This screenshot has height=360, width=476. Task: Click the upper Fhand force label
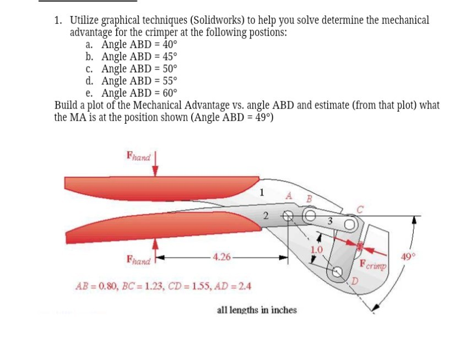pyautogui.click(x=138, y=156)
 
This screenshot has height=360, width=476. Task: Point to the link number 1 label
pyautogui.click(x=262, y=193)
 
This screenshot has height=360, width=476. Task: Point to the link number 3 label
pyautogui.click(x=329, y=221)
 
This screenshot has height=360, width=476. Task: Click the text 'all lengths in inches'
pyautogui.click(x=257, y=310)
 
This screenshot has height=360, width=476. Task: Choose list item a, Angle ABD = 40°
pyautogui.click(x=132, y=45)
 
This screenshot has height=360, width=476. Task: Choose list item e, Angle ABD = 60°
pyautogui.click(x=132, y=92)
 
